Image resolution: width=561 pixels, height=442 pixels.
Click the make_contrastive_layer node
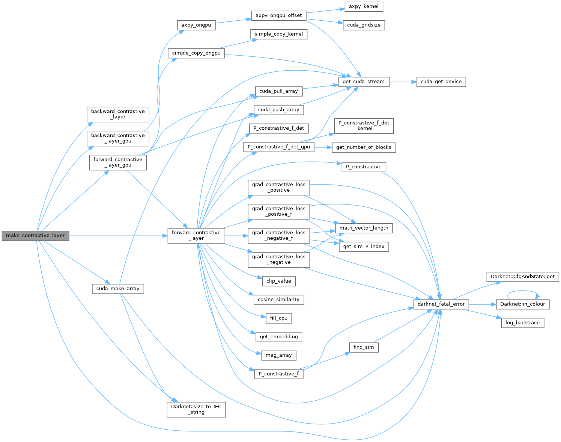(35, 236)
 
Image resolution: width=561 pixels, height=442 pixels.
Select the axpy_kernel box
(364, 6)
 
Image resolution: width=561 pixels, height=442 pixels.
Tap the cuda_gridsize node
(364, 25)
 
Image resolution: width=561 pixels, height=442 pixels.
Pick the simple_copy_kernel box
(278, 34)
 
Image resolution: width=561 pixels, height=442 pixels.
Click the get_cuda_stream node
(363, 82)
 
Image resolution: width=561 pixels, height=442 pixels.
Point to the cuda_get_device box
(441, 82)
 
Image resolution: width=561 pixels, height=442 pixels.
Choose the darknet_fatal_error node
(441, 304)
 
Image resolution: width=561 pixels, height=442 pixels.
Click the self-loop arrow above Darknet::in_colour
(523, 291)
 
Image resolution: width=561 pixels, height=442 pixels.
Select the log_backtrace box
(522, 322)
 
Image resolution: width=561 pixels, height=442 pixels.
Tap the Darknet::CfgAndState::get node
(522, 277)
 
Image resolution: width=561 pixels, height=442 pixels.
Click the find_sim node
(364, 347)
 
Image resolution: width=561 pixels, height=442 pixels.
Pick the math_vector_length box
(364, 228)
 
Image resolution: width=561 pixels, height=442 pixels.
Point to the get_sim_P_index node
(364, 247)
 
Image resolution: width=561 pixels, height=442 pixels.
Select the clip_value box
(278, 281)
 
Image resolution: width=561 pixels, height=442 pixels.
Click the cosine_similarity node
(278, 300)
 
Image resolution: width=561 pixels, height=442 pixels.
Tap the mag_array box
(278, 355)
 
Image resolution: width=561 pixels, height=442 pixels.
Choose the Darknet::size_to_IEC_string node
(196, 409)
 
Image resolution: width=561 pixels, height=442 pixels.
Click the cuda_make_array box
(118, 289)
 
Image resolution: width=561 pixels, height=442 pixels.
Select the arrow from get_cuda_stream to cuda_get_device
(403, 82)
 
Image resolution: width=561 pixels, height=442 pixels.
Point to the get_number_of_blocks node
(364, 147)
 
